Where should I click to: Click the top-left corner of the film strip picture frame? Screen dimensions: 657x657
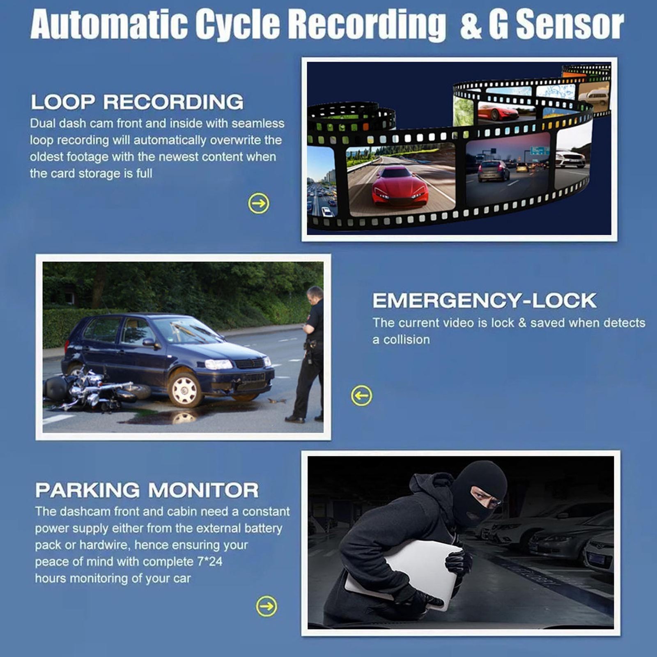[302, 57]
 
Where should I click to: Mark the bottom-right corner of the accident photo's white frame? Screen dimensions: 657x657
[331, 440]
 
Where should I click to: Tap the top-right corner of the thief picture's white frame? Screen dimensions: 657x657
[620, 451]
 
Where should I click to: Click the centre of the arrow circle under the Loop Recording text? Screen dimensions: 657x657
[259, 203]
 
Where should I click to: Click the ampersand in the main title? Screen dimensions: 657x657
[471, 26]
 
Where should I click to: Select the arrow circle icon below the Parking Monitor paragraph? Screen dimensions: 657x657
[266, 606]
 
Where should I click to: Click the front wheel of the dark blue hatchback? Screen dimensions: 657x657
[185, 389]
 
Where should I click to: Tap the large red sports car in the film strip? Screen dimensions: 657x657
[400, 186]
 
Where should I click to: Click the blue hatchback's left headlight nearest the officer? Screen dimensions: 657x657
[218, 364]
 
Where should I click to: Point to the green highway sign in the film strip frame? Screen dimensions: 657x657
[539, 150]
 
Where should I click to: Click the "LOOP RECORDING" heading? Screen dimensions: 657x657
[137, 102]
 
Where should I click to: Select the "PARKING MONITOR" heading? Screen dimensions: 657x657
[147, 490]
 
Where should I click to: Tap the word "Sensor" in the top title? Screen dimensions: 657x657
[570, 25]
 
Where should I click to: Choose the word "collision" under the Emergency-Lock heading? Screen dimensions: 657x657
[407, 340]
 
